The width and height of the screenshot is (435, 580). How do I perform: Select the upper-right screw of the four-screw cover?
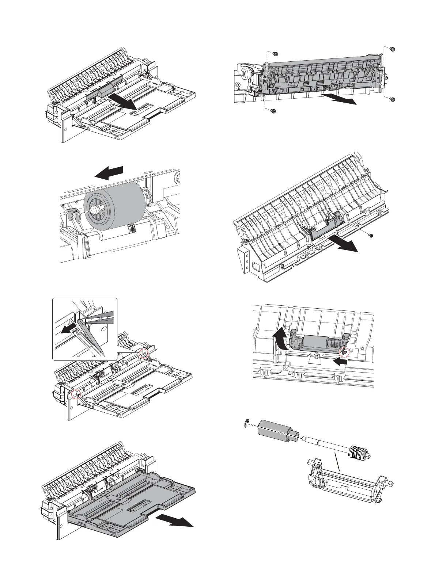(392, 49)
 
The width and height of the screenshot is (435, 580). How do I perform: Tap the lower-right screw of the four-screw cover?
(392, 99)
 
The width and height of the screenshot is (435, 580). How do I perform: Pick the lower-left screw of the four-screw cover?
(272, 111)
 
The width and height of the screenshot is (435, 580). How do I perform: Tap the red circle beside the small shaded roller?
(344, 352)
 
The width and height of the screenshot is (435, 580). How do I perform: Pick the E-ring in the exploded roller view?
(247, 423)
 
